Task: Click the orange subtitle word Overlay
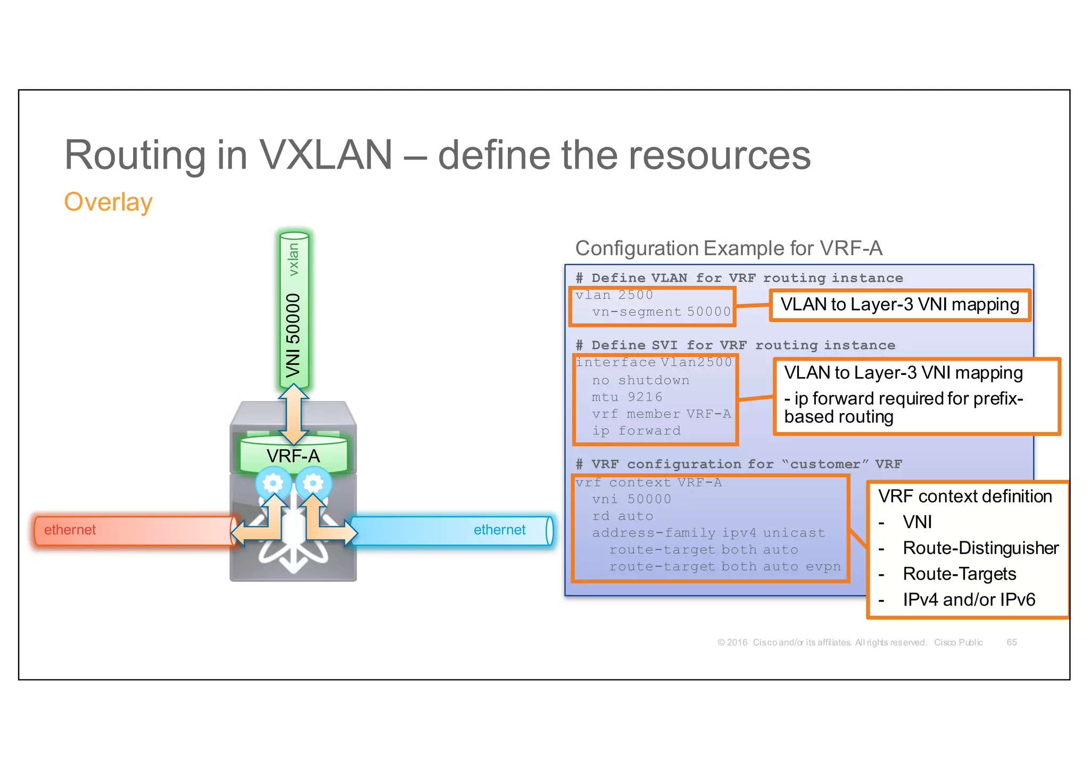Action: (108, 202)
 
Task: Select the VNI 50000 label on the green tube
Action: (293, 335)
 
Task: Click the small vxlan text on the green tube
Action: (293, 259)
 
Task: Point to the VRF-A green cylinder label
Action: (293, 456)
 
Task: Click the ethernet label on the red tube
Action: (70, 530)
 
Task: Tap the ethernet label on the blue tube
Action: (499, 530)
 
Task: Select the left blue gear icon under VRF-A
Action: (273, 483)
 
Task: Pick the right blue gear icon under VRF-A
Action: (313, 483)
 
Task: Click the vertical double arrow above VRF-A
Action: (293, 414)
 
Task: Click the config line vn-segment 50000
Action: (661, 312)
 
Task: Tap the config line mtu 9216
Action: (627, 397)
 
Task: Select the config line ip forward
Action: (636, 431)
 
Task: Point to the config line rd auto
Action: (622, 516)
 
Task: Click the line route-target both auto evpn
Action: (724, 567)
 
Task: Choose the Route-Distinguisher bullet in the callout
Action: (980, 548)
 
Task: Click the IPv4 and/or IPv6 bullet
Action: (969, 599)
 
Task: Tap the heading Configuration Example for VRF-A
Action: (729, 248)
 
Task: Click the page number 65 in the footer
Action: (1011, 642)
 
